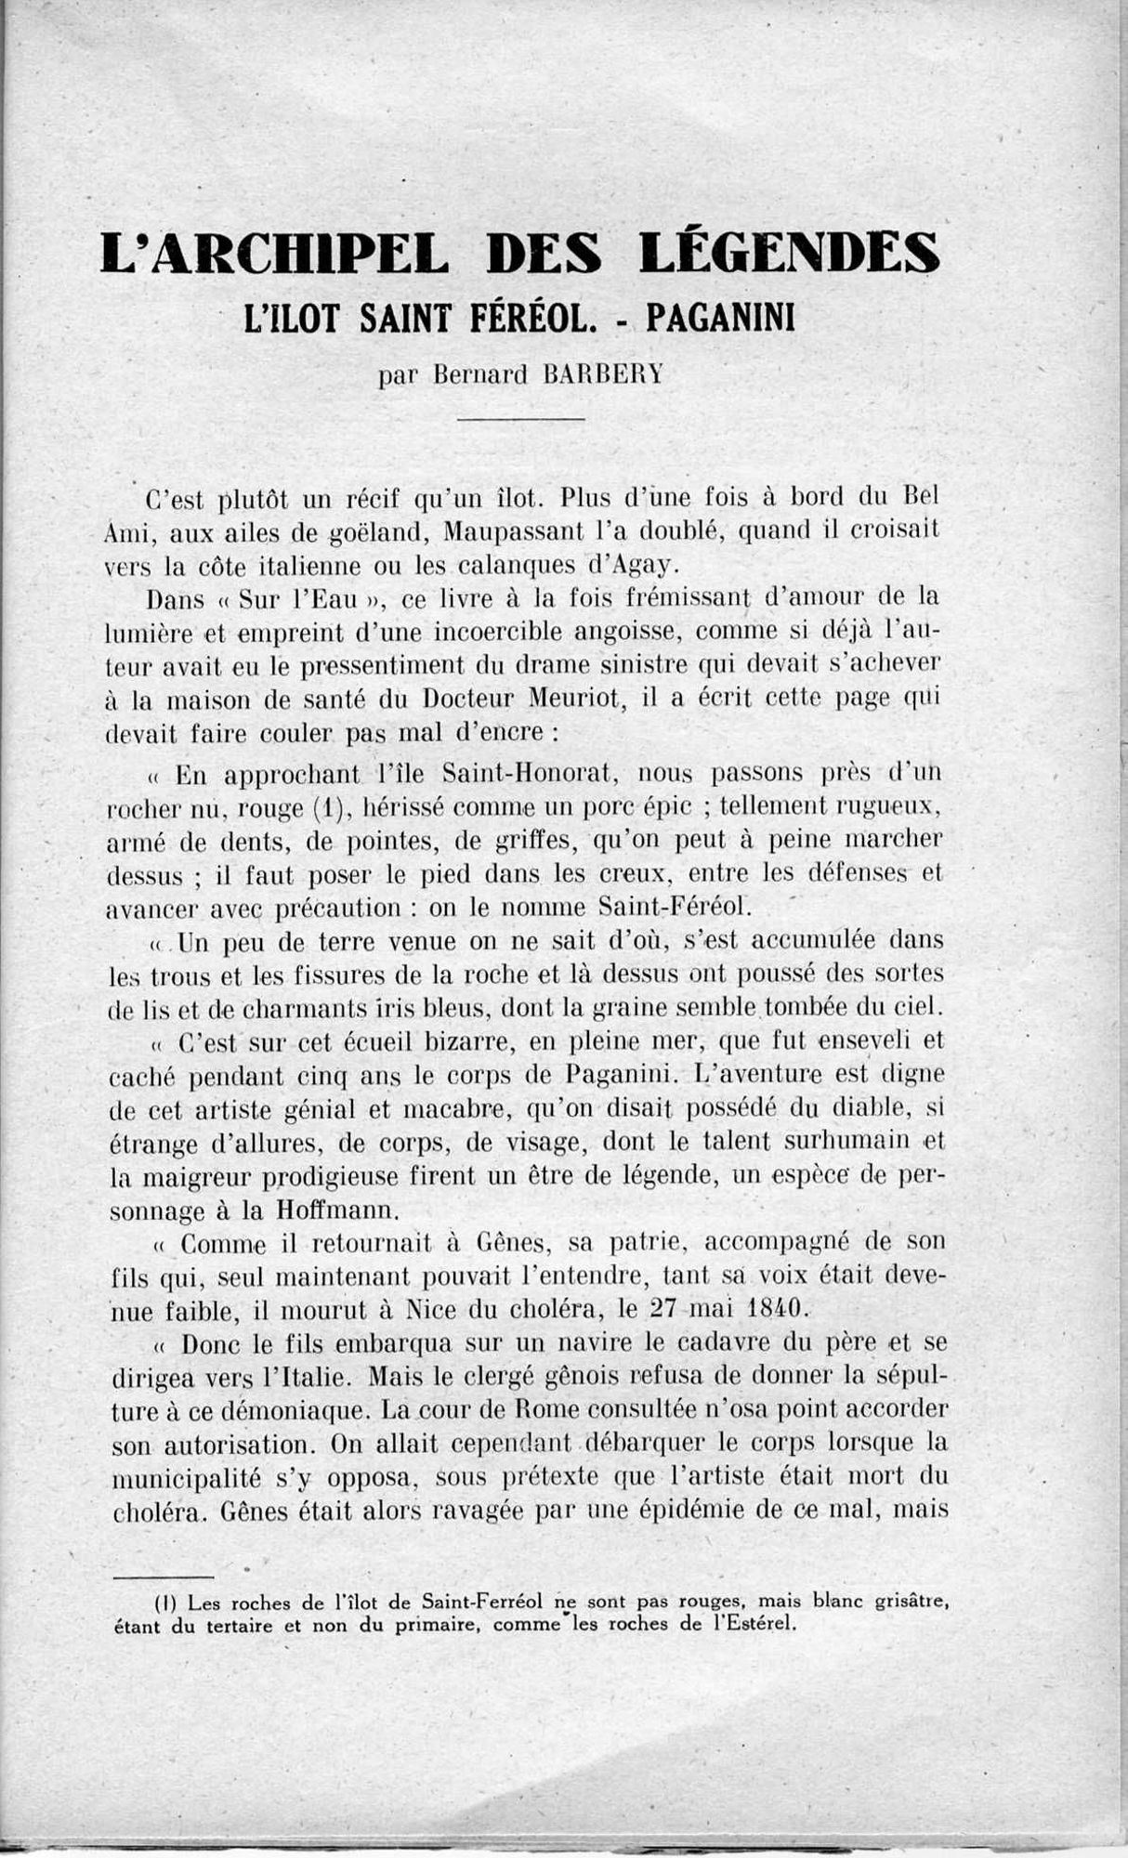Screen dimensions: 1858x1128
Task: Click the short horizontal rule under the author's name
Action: click(x=521, y=419)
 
